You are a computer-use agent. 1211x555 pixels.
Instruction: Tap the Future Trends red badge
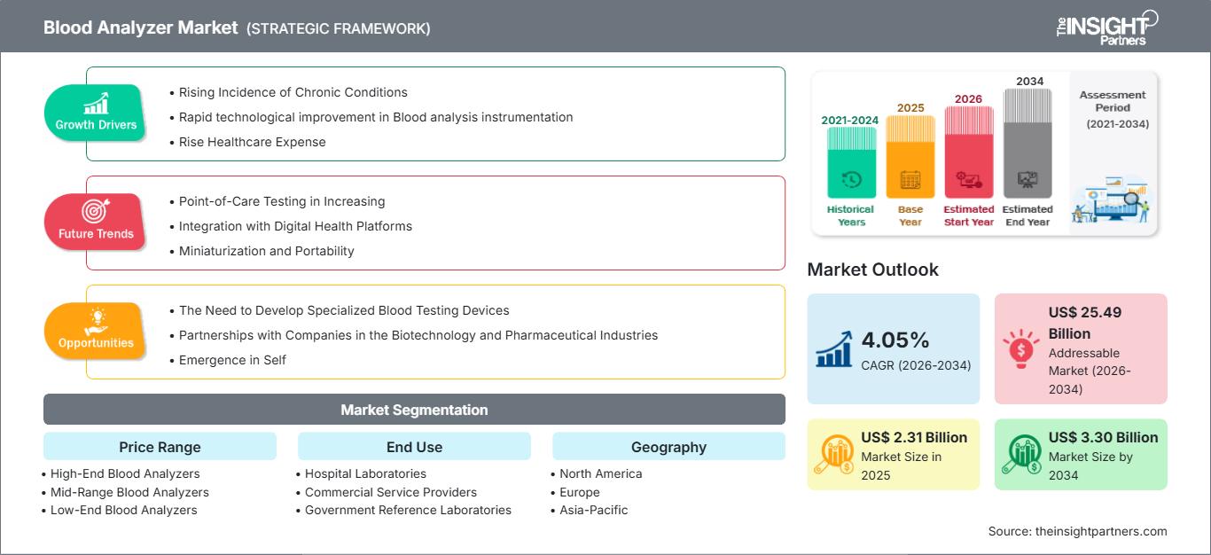click(x=95, y=222)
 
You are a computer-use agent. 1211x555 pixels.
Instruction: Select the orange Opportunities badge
click(x=95, y=331)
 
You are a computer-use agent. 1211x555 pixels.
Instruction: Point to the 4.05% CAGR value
click(x=895, y=340)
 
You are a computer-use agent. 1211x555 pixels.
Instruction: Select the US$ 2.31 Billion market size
click(x=914, y=437)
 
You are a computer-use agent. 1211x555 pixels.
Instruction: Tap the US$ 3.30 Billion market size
click(x=1103, y=437)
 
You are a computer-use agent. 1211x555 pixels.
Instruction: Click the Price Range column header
click(x=160, y=447)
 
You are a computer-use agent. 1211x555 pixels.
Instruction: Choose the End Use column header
click(x=414, y=447)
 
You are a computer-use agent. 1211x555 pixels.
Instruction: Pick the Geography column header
click(x=668, y=447)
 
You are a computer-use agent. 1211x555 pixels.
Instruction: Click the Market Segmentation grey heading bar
click(x=414, y=410)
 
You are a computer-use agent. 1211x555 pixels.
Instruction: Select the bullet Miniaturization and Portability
click(x=266, y=251)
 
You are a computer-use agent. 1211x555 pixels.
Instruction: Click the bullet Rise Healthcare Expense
click(x=252, y=142)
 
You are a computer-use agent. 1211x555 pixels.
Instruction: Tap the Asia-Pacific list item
click(x=593, y=510)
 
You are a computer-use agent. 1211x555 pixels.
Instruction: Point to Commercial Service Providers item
click(x=390, y=492)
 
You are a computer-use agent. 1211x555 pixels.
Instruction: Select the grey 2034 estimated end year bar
click(x=1027, y=146)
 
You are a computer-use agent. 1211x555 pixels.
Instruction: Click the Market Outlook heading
click(x=872, y=270)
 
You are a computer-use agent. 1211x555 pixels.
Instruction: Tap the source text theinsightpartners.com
click(x=1077, y=531)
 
